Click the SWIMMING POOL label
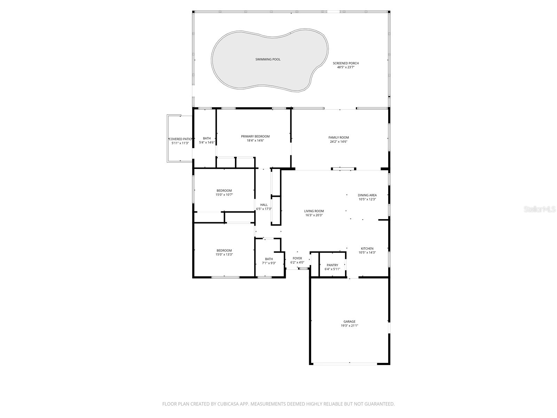(x=268, y=60)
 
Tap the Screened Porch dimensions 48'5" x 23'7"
(x=346, y=67)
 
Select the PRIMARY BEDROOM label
(x=255, y=137)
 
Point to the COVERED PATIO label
(x=180, y=139)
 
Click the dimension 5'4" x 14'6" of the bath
(x=207, y=142)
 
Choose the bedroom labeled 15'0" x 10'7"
(x=224, y=193)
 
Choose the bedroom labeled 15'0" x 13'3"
(x=224, y=253)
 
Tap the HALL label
(x=264, y=205)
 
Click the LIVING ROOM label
(x=314, y=211)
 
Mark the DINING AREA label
(x=367, y=195)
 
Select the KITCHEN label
(x=367, y=249)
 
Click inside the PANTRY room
(x=332, y=267)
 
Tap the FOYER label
(x=297, y=258)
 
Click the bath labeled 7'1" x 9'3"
(x=269, y=261)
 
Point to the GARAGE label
(x=349, y=322)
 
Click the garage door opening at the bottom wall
(x=345, y=364)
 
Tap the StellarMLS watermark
(x=540, y=209)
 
